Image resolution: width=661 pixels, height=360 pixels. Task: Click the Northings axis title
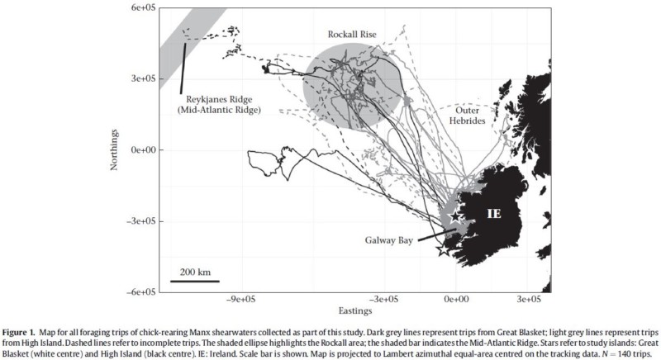pos(116,149)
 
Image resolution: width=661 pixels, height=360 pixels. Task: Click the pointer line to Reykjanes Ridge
pos(183,68)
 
